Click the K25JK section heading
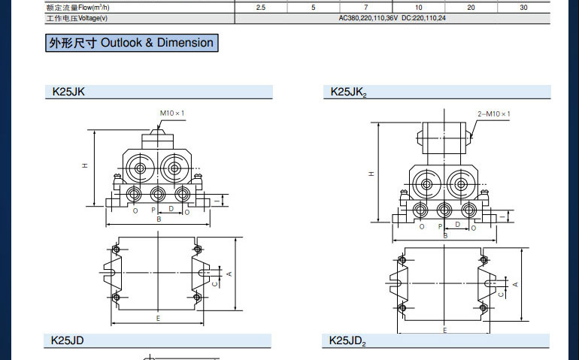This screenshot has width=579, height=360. pos(68,92)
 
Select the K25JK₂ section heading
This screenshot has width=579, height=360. pos(349,92)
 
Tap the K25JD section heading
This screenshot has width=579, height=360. pos(67,340)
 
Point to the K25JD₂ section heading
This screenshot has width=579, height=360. pos(347,340)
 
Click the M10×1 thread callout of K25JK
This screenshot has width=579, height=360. pos(172,113)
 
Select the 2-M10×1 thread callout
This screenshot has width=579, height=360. pos(494,113)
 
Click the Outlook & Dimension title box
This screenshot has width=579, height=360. pos(132,43)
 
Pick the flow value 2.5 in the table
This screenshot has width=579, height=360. pos(261,8)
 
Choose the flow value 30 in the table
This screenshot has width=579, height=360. pos(523,8)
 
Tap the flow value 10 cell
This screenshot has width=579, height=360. pos(418,8)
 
